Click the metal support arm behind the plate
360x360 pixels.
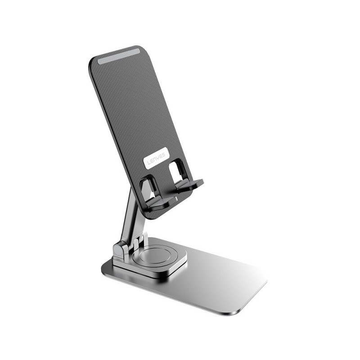pyautogui.click(x=129, y=211)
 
